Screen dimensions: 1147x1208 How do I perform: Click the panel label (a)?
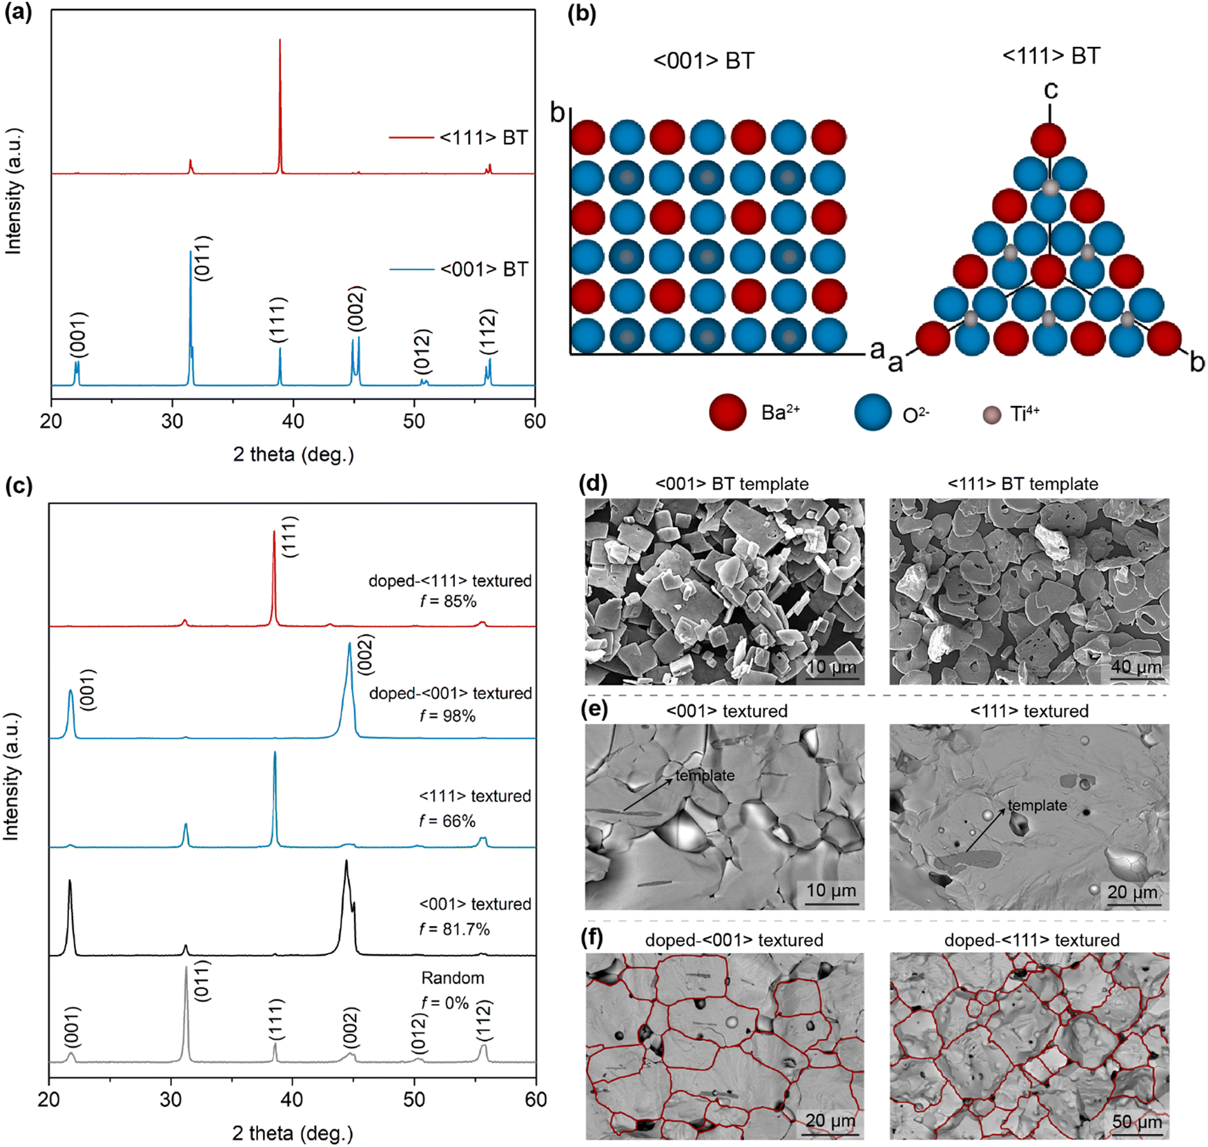pyautogui.click(x=19, y=14)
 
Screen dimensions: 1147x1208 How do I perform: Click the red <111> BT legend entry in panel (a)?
pyautogui.click(x=458, y=138)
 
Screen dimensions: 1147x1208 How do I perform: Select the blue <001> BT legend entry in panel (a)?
pyautogui.click(x=459, y=269)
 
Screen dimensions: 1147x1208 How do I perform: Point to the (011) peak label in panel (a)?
pyautogui.click(x=202, y=258)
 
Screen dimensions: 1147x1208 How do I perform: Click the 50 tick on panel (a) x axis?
pyautogui.click(x=414, y=421)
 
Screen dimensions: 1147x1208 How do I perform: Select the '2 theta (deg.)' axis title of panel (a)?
pyautogui.click(x=293, y=454)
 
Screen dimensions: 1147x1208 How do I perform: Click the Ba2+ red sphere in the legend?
pyautogui.click(x=728, y=413)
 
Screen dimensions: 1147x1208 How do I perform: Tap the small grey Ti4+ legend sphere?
pyautogui.click(x=991, y=415)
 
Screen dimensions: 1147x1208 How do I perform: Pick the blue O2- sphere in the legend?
pyautogui.click(x=873, y=413)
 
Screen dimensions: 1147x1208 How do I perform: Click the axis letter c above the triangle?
pyautogui.click(x=1051, y=90)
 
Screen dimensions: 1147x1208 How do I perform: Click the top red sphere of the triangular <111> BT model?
pyautogui.click(x=1049, y=140)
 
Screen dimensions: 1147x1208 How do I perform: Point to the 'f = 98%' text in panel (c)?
pyautogui.click(x=448, y=716)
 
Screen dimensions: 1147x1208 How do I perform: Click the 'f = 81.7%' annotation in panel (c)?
pyautogui.click(x=454, y=929)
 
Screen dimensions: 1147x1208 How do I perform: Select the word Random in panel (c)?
pyautogui.click(x=453, y=978)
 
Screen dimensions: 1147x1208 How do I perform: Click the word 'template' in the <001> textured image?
pyautogui.click(x=705, y=775)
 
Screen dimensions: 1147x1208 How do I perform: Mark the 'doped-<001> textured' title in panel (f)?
pyautogui.click(x=734, y=940)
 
